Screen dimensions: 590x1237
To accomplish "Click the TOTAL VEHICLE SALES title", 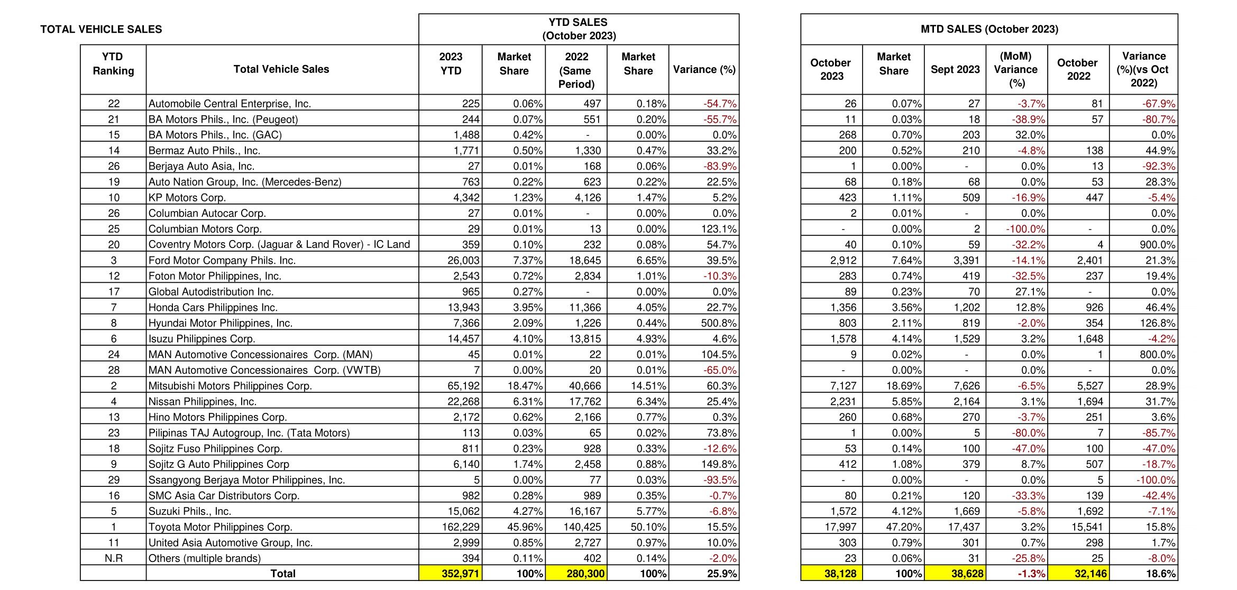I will point(101,30).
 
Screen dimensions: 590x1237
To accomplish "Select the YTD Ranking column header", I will point(113,64).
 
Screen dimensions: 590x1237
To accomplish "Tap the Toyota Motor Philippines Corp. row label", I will point(220,527).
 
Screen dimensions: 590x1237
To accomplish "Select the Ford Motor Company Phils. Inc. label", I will point(222,261).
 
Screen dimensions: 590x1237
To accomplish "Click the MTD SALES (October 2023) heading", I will point(989,30).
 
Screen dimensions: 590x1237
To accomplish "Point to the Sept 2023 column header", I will point(955,70).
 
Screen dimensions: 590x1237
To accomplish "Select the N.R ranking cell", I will point(113,558).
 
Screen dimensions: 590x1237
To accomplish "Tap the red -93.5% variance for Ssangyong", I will point(720,480).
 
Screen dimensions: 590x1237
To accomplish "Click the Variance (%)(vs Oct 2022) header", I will point(1143,70).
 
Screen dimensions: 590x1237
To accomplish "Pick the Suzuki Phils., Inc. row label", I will point(189,511).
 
